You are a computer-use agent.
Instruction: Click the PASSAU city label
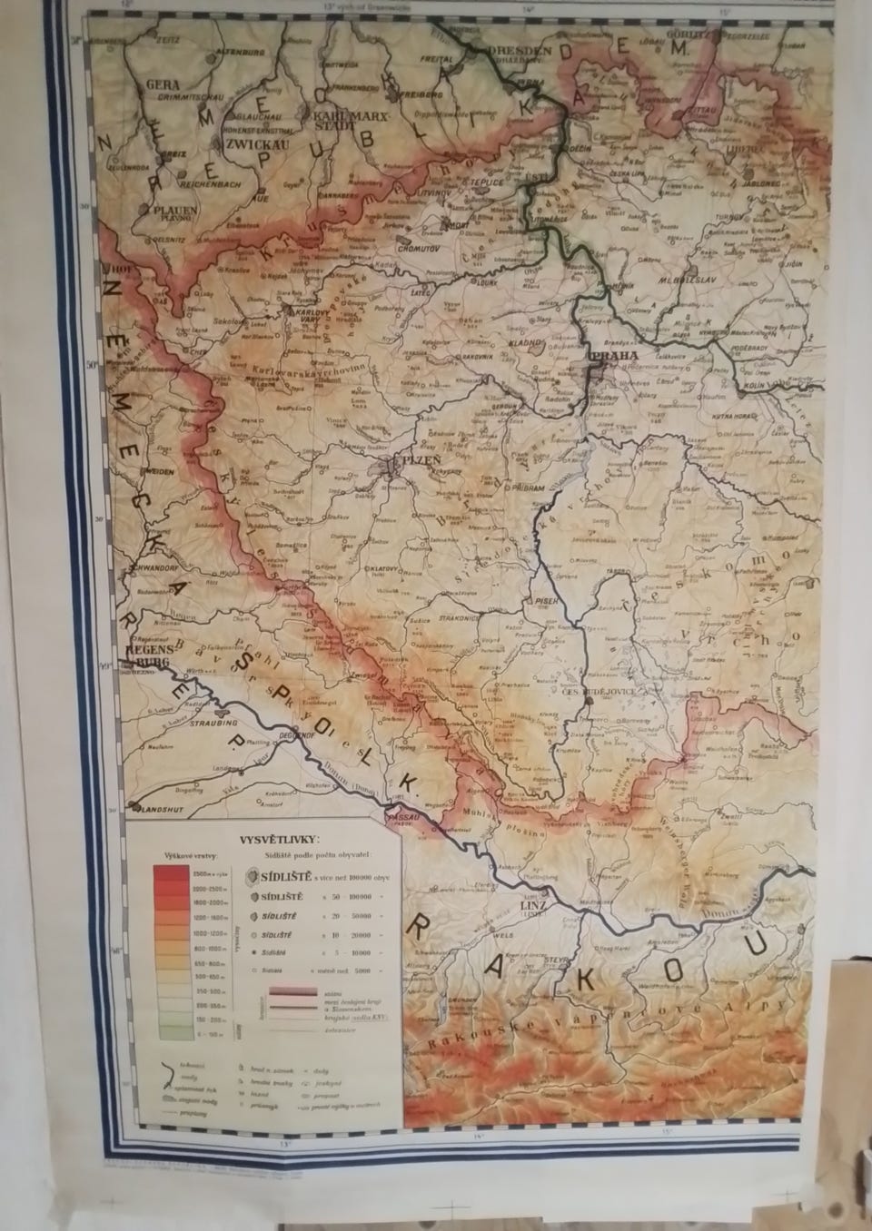pos(408,816)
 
